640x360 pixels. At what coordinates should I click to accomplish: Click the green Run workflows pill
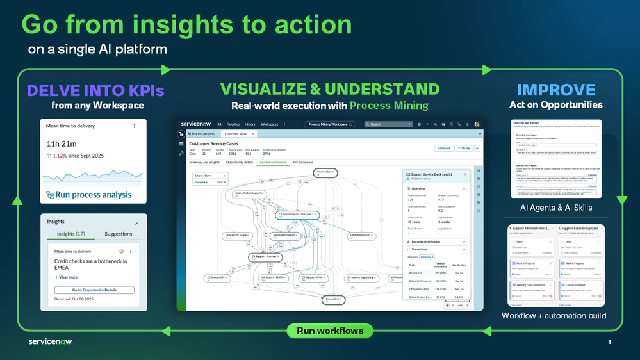click(x=330, y=331)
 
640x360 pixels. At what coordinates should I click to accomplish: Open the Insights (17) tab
click(x=70, y=234)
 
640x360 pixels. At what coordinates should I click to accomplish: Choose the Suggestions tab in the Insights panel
click(x=118, y=234)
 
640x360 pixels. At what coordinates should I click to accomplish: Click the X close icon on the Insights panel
click(x=136, y=223)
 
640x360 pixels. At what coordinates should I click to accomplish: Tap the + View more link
click(x=67, y=277)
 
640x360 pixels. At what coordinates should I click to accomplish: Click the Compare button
click(x=443, y=148)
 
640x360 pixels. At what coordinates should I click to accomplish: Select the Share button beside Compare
click(x=463, y=148)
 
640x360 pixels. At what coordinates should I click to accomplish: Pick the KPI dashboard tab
click(x=302, y=163)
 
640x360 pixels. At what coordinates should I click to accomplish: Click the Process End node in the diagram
click(x=332, y=299)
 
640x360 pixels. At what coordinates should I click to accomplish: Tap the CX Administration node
click(x=361, y=236)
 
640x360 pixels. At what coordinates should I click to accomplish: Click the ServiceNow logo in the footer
click(x=50, y=341)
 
